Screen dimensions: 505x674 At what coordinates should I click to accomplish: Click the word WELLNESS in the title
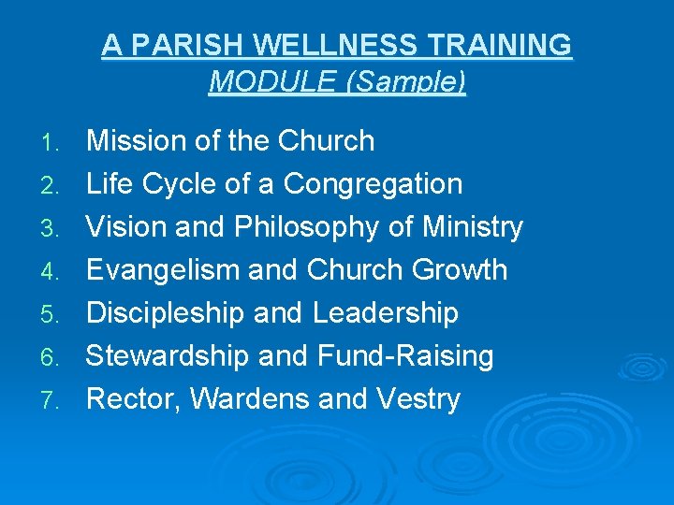pyautogui.click(x=327, y=45)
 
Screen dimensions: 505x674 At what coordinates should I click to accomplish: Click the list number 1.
pyautogui.click(x=55, y=143)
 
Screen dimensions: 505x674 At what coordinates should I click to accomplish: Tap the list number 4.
pyautogui.click(x=55, y=272)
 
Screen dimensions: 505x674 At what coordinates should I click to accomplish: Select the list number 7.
pyautogui.click(x=55, y=401)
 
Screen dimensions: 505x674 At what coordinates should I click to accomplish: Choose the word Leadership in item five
pyautogui.click(x=386, y=313)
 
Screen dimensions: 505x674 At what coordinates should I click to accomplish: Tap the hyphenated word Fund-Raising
pyautogui.click(x=405, y=356)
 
